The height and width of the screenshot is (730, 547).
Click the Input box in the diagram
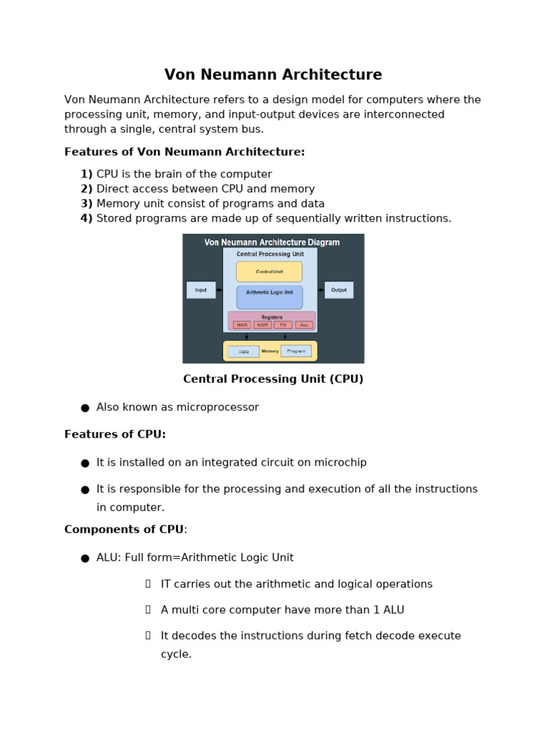click(x=201, y=290)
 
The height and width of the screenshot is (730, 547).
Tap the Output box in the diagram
click(x=339, y=290)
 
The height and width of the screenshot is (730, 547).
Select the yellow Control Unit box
click(x=269, y=272)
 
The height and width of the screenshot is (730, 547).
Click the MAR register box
click(x=242, y=325)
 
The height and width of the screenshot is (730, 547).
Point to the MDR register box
click(x=263, y=325)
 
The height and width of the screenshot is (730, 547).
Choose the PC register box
click(x=283, y=325)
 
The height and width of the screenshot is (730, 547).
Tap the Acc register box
click(x=304, y=325)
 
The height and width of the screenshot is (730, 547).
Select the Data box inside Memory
click(x=244, y=351)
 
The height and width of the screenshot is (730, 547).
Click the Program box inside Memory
click(x=296, y=351)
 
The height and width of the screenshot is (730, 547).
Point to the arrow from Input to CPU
click(x=219, y=290)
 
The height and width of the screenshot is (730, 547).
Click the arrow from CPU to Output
click(x=321, y=290)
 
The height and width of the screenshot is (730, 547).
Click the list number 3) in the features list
click(x=86, y=204)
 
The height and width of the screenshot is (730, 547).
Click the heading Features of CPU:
click(x=115, y=434)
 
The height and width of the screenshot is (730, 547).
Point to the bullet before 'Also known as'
click(x=85, y=408)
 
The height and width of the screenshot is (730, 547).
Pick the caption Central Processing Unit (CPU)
click(x=273, y=379)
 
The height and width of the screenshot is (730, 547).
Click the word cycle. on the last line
click(x=176, y=654)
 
